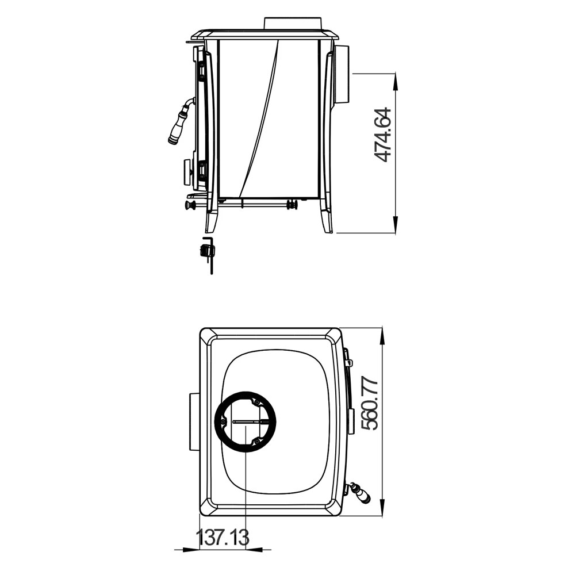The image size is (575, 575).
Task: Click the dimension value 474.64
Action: pos(383,135)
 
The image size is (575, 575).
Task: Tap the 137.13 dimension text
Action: pos(223,538)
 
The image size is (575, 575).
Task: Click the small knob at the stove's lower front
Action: pos(190,205)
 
